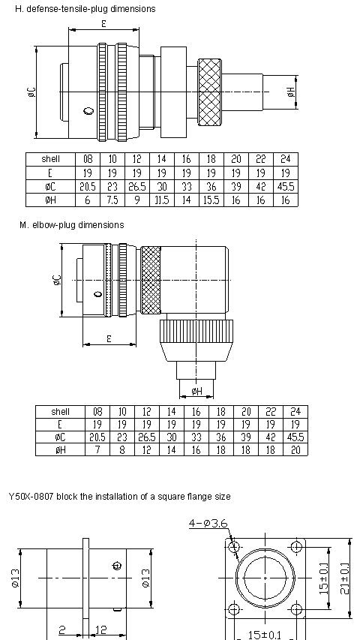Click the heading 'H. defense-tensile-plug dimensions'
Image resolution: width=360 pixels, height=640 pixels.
pyautogui.click(x=85, y=8)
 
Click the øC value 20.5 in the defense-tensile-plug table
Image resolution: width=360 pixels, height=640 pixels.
pyautogui.click(x=88, y=187)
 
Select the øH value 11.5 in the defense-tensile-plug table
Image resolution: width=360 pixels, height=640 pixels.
pyautogui.click(x=162, y=200)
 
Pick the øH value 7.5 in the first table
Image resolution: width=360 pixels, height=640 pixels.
pyautogui.click(x=112, y=200)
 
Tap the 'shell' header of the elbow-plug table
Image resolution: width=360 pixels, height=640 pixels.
pyautogui.click(x=61, y=412)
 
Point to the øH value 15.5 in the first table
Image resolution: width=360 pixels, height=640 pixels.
pyautogui.click(x=211, y=200)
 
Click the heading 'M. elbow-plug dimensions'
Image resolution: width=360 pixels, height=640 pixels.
pyautogui.click(x=72, y=225)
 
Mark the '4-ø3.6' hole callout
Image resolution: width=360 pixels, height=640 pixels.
pyautogui.click(x=208, y=524)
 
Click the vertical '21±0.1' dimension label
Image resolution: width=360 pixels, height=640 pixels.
pyautogui.click(x=344, y=578)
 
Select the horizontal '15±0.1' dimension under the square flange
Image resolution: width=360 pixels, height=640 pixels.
pyautogui.click(x=265, y=635)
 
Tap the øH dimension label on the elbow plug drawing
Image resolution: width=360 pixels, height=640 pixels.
pyautogui.click(x=196, y=392)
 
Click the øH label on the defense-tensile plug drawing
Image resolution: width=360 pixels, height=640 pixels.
pyautogui.click(x=290, y=92)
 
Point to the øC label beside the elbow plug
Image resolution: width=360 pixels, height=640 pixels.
pyautogui.click(x=57, y=280)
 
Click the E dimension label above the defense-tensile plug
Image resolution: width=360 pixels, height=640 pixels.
pyautogui.click(x=103, y=24)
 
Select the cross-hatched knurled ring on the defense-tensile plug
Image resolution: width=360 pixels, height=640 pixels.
pyautogui.click(x=210, y=92)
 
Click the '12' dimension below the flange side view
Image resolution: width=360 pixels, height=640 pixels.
pyautogui.click(x=100, y=629)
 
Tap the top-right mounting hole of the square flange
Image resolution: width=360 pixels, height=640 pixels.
pyautogui.click(x=296, y=546)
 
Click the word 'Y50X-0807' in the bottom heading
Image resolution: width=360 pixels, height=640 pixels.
pyautogui.click(x=31, y=497)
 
